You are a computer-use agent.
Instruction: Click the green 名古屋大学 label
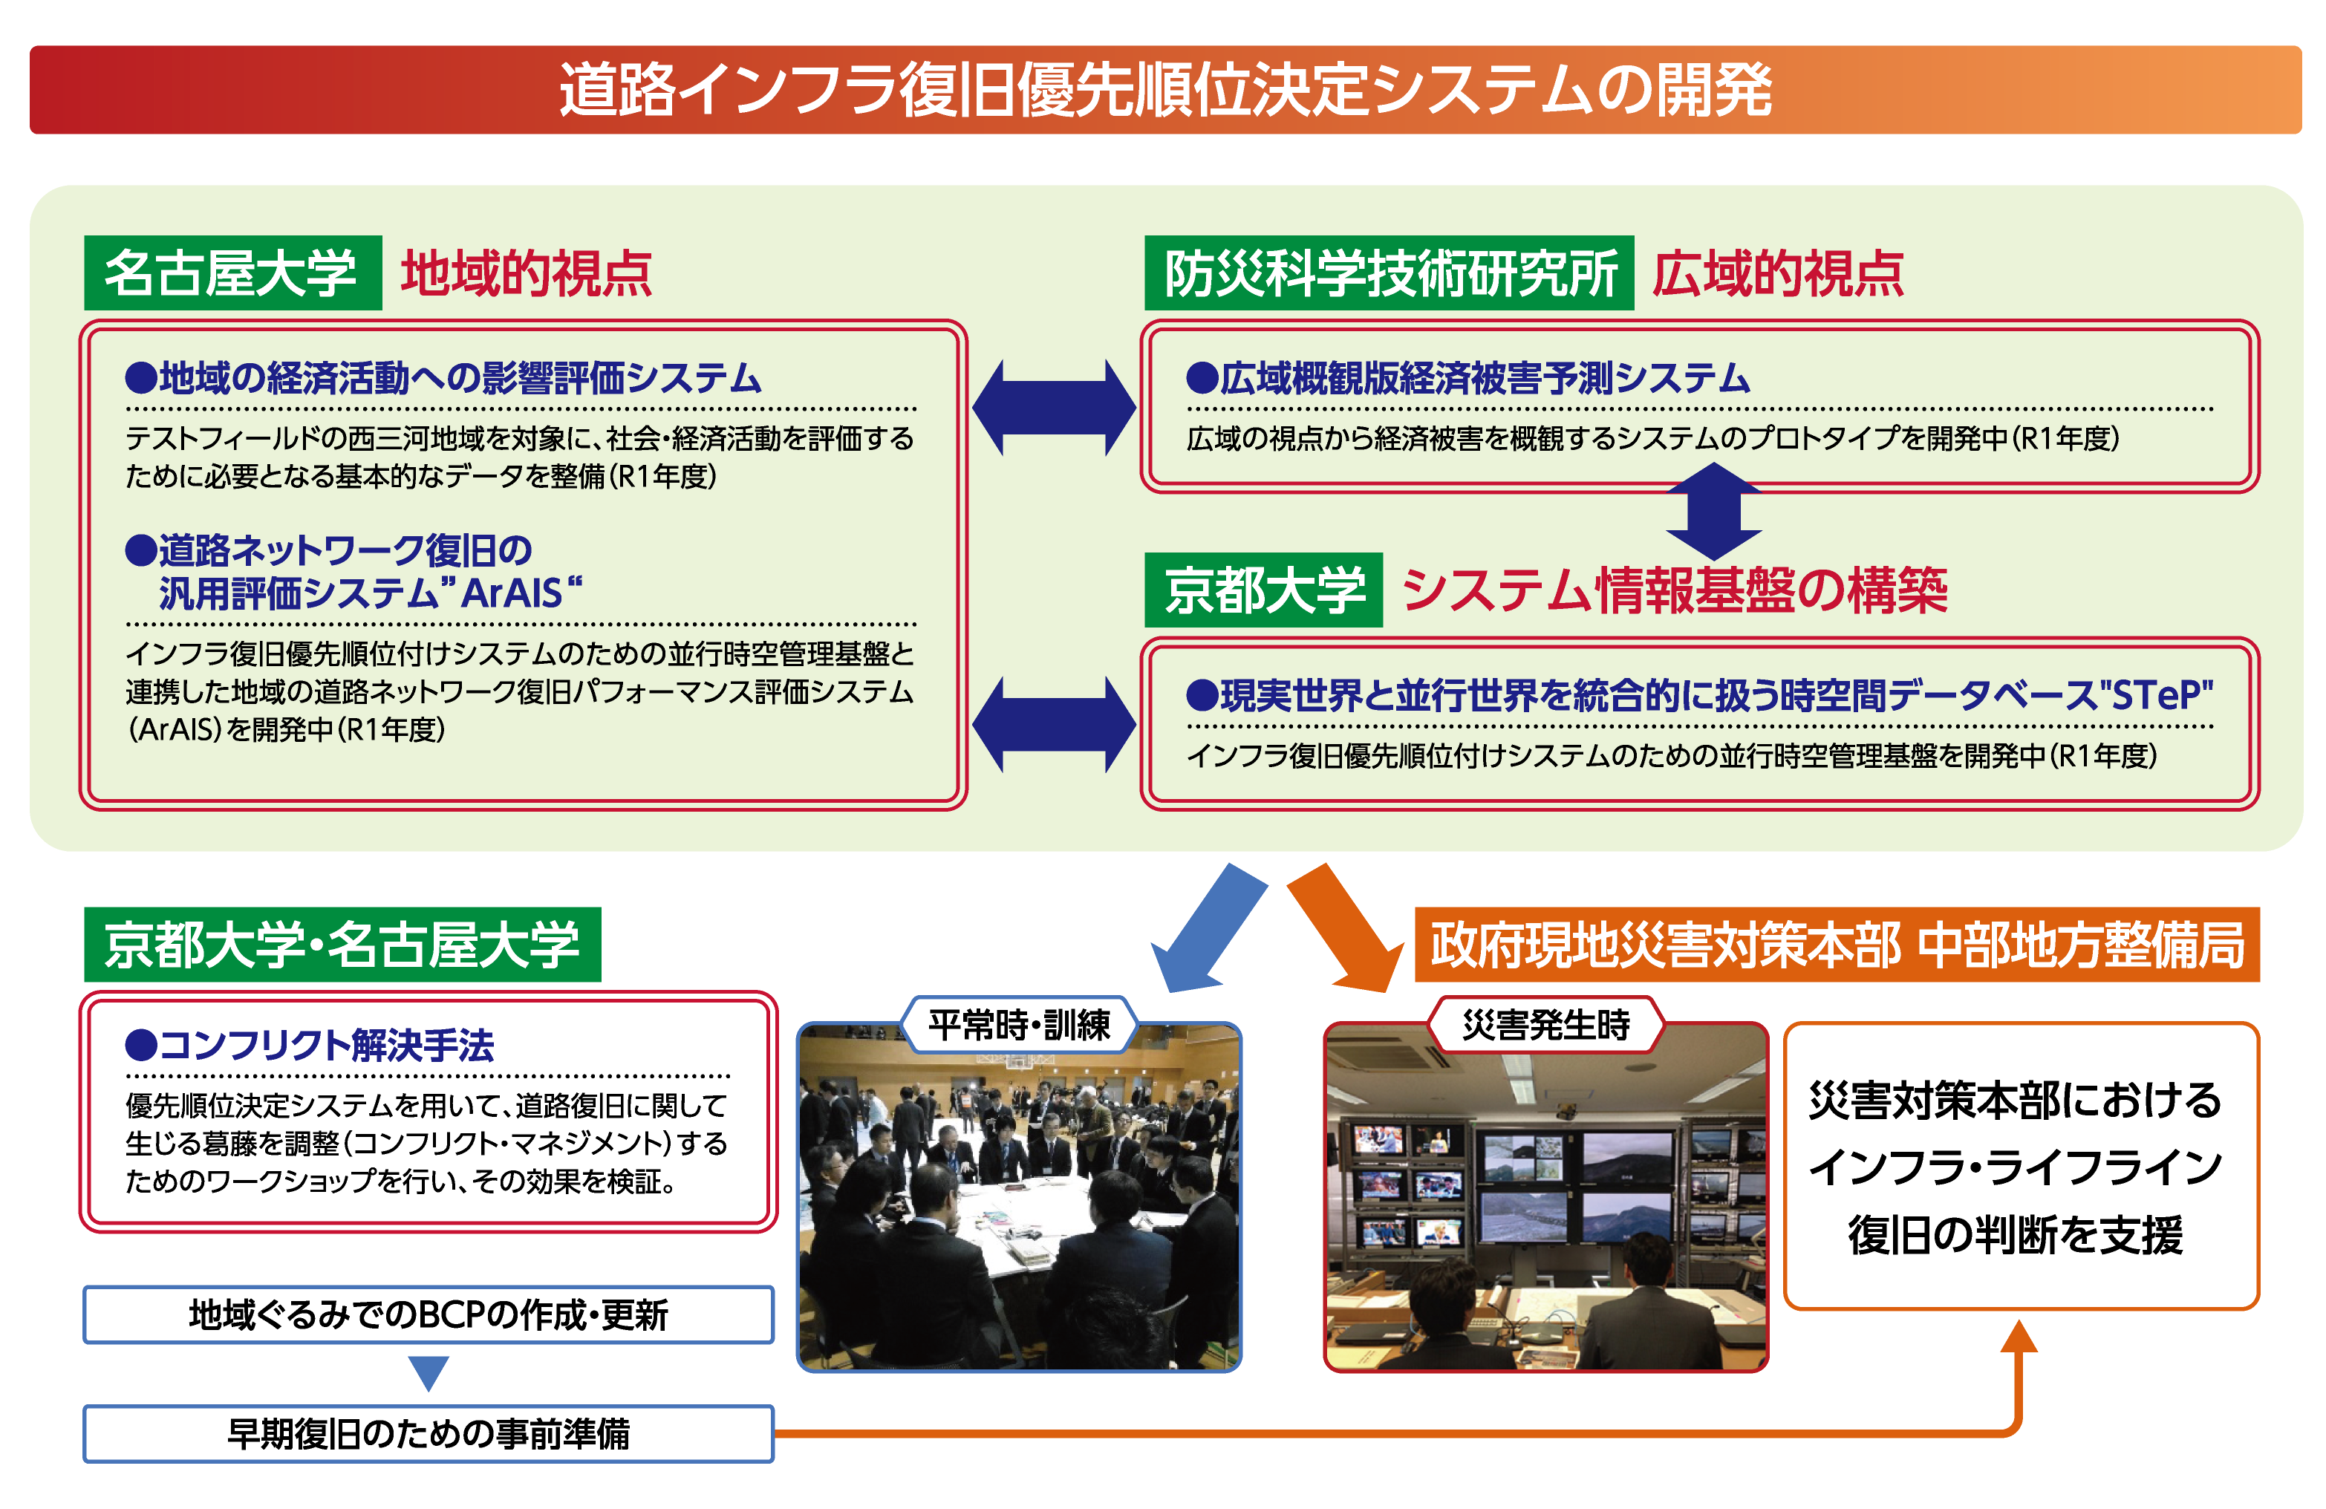(x=232, y=273)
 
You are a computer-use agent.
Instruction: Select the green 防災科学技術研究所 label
(x=1389, y=273)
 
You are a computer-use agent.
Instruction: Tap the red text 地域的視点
(x=526, y=273)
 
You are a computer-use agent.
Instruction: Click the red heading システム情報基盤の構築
(x=1674, y=590)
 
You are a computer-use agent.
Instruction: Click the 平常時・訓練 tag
(x=1020, y=1024)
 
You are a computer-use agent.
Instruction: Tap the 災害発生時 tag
(x=1546, y=1024)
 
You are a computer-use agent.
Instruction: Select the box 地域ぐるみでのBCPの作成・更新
(x=428, y=1314)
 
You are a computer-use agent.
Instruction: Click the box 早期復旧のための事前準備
(x=428, y=1434)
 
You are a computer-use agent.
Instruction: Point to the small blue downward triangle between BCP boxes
(x=428, y=1371)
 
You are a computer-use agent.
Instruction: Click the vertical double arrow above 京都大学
(x=1714, y=510)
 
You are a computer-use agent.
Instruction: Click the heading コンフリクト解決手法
(x=310, y=1045)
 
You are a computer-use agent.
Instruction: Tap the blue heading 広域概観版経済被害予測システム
(x=1468, y=378)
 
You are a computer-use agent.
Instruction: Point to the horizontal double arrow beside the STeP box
(x=1055, y=724)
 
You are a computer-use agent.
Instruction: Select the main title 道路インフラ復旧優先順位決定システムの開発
(x=1165, y=90)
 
